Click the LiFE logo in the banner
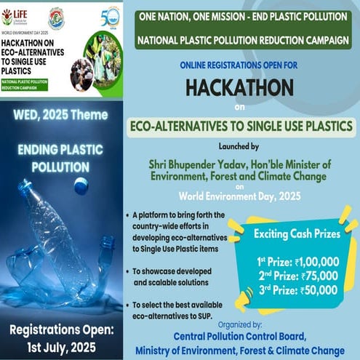pos(17,15)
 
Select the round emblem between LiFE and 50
pos(57,17)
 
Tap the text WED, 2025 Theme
pos(60,114)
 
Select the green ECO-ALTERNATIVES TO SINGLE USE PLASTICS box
pos(239,124)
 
